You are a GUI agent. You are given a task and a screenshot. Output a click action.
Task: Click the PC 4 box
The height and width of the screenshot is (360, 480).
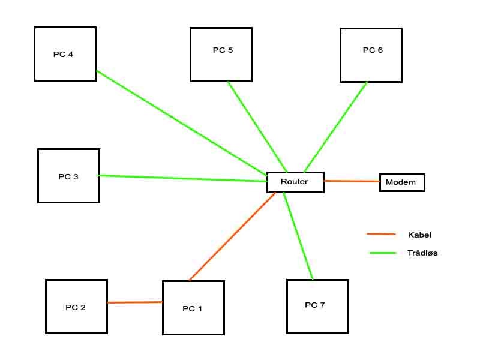[x=65, y=54]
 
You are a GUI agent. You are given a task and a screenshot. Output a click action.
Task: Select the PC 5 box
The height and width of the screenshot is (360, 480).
[x=221, y=54]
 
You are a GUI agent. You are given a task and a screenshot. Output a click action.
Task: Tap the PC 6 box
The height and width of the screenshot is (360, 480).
[x=370, y=54]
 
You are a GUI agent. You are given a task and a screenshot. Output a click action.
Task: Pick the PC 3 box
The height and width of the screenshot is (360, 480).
[x=68, y=176]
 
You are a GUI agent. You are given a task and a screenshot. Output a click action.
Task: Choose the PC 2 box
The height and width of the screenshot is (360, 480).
[x=76, y=307]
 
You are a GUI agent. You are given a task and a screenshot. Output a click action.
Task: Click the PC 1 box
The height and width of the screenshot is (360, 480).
[x=193, y=308]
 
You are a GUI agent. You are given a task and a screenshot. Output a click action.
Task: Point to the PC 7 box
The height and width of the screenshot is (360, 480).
[x=317, y=306]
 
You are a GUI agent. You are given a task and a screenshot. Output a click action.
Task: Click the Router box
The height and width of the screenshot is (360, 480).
[x=295, y=182]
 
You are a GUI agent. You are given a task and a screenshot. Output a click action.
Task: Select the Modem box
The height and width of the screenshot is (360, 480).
[x=402, y=182]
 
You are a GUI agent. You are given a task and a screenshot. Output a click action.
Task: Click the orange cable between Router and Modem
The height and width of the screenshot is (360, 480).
[x=352, y=181]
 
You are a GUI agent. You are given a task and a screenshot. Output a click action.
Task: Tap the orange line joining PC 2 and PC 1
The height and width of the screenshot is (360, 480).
[x=135, y=302]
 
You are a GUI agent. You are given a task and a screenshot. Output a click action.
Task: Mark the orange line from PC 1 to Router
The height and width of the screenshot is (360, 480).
[x=232, y=236]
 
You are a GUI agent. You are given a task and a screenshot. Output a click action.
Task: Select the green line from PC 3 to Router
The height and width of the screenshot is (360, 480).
[x=183, y=178]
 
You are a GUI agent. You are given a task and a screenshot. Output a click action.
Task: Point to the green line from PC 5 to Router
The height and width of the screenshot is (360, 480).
[x=257, y=126]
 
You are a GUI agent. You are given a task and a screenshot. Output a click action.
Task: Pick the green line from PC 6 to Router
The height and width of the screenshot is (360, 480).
[x=336, y=126]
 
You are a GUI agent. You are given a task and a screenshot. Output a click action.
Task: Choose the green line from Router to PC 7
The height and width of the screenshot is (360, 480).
[x=298, y=236]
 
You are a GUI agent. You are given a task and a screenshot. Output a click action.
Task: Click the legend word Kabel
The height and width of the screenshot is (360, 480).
[x=419, y=235]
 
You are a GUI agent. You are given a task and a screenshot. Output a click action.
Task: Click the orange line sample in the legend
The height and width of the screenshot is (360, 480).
[x=382, y=234]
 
